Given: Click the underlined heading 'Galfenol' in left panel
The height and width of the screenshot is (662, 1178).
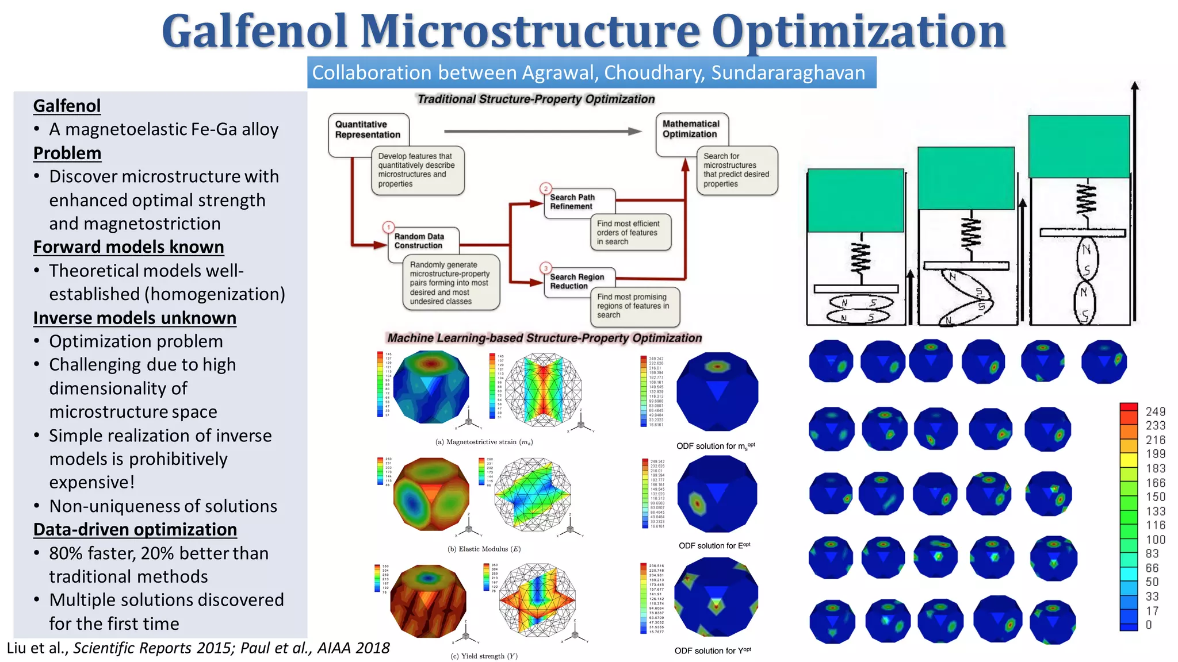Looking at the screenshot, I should pos(67,106).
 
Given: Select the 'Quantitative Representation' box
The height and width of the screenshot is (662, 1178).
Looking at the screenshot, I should pos(368,130).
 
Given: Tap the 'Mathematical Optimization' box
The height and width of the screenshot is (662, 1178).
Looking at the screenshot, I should pos(690,129).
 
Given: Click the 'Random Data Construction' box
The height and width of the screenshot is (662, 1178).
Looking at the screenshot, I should pos(419,241).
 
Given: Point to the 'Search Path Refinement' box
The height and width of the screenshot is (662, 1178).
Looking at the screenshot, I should pos(572,202).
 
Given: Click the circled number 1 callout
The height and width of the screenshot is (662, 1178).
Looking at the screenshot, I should pos(389,227).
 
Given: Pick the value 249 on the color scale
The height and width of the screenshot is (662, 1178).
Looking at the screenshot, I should pos(1155,411).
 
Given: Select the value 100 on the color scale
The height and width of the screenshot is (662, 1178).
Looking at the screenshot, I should pos(1155,540).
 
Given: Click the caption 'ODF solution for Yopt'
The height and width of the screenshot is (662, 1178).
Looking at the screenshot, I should pos(713,651).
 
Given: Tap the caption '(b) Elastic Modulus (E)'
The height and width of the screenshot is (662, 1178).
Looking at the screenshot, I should pos(484,549).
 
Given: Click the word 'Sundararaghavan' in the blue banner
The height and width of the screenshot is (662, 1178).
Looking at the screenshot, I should pos(787,73).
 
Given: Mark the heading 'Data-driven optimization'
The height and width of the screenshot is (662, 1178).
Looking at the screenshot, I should pos(135,529).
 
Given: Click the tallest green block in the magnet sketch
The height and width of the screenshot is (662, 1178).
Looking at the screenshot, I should pos(1079,147).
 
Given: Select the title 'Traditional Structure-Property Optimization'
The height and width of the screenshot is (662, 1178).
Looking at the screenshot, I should pos(536,99).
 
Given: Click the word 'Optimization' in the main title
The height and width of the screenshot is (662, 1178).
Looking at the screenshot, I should pos(858,32).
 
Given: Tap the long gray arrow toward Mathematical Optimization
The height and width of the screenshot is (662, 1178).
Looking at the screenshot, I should pos(541,132).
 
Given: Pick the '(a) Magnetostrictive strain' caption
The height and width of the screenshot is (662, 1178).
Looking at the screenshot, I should pos(484,442).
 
